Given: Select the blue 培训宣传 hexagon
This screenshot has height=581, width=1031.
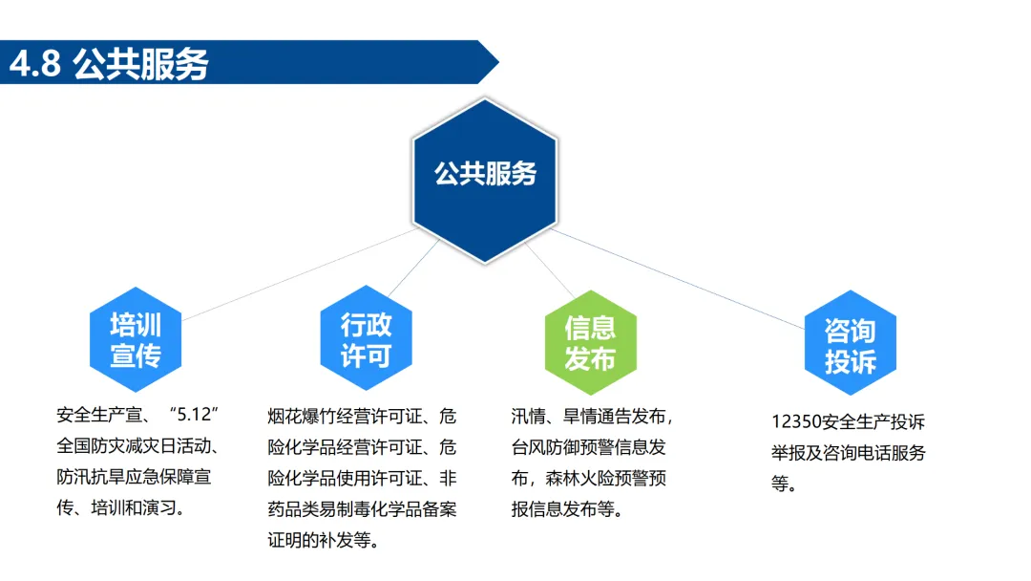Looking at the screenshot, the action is coord(136,340).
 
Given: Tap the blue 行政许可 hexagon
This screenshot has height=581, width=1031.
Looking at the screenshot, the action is coord(367,340).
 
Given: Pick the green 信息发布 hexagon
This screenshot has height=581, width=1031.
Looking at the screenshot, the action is coord(590,342).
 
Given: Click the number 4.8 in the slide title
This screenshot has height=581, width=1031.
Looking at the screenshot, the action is coord(35,64).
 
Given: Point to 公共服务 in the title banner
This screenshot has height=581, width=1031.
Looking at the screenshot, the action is coord(139,64).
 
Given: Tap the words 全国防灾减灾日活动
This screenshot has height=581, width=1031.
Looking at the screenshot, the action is coord(139,446).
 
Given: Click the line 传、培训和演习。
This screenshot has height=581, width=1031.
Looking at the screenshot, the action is coord(120,507).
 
